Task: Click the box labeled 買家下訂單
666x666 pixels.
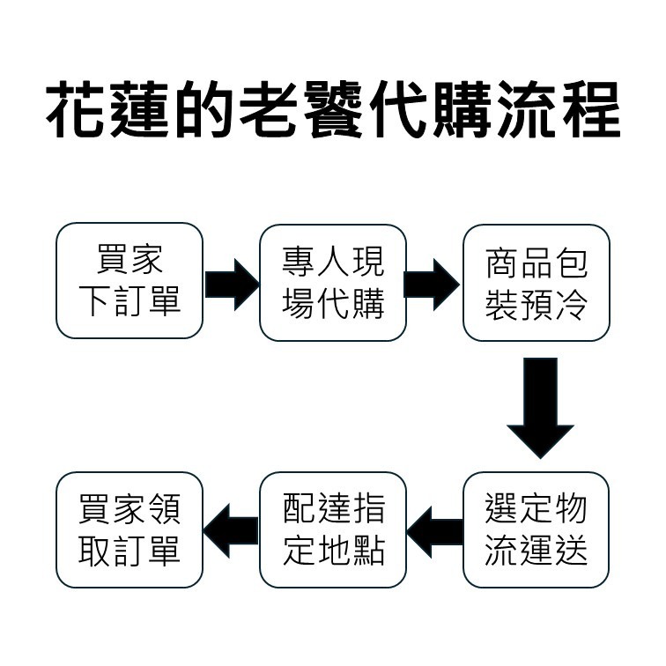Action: click(x=129, y=281)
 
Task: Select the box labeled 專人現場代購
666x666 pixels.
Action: click(x=333, y=282)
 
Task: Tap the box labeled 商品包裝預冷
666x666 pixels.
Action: click(x=536, y=282)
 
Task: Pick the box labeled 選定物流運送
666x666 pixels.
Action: click(x=536, y=529)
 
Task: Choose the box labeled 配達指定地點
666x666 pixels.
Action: click(x=333, y=529)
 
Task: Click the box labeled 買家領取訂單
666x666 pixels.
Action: click(x=129, y=529)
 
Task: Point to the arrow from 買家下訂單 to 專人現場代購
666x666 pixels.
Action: click(x=232, y=284)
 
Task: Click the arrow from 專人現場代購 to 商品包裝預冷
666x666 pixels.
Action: click(x=433, y=284)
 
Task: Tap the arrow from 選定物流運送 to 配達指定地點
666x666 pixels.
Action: click(x=434, y=530)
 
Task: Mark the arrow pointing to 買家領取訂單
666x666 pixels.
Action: click(x=231, y=530)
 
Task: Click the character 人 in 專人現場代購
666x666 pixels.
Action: click(x=333, y=262)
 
